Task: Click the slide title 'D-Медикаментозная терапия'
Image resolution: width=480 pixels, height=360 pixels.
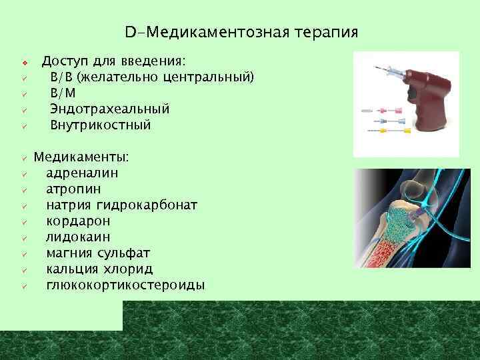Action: [241, 32]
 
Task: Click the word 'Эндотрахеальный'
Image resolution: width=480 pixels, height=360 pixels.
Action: [110, 109]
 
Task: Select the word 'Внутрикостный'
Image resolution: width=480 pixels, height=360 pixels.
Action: [101, 125]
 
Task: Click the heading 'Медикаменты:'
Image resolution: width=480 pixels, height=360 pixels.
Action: [82, 157]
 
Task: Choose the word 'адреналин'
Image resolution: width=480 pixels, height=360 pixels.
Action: [83, 173]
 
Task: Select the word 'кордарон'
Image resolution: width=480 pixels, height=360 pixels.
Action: [78, 221]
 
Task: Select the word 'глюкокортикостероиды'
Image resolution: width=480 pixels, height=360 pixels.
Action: [125, 285]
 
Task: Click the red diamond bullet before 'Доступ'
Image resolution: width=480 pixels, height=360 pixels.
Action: [23, 62]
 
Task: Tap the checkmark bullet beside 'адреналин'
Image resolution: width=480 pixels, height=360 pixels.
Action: [23, 174]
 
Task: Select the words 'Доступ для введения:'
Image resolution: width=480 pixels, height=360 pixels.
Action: [113, 61]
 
